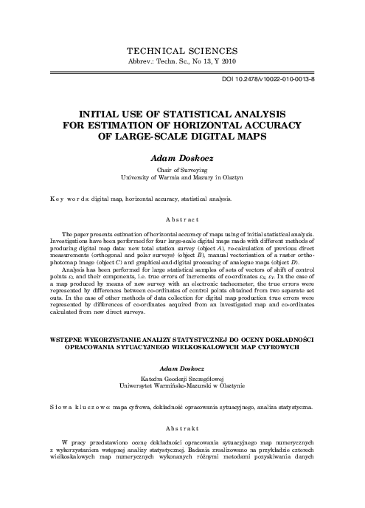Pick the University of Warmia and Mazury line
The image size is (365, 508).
coord(182,178)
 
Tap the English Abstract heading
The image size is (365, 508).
coord(182,219)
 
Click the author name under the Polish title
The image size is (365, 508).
coord(182,367)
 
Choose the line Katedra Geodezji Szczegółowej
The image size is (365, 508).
coord(182,378)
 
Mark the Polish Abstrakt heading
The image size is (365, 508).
coord(182,428)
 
